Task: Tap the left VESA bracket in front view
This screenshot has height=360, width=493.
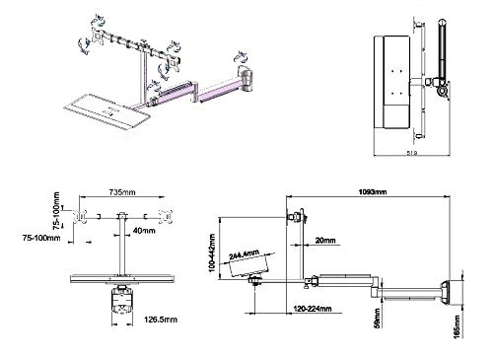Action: [x=86, y=217]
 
